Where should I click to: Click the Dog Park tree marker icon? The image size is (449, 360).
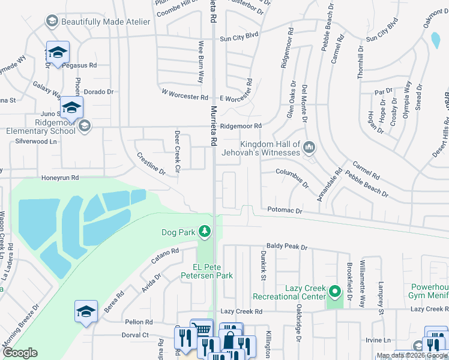205,232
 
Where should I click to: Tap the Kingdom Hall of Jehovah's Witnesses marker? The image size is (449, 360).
309,147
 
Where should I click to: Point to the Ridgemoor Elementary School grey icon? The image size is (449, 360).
85,125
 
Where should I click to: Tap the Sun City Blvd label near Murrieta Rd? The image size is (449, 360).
238,36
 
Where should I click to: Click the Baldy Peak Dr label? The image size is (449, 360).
286,247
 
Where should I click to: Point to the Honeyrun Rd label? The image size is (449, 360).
60,178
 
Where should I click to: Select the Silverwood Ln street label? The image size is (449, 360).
36,142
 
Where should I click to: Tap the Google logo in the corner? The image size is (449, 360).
20,352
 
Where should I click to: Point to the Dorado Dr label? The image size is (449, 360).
98,92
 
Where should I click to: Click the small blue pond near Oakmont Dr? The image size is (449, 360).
435,40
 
